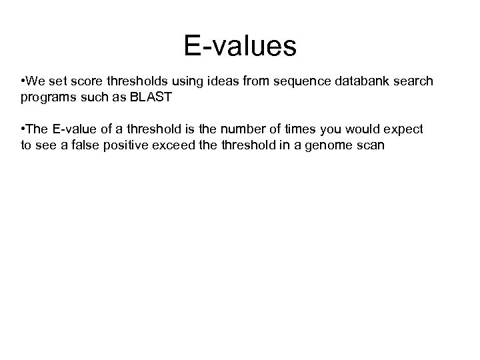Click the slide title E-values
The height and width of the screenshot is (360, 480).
click(x=240, y=46)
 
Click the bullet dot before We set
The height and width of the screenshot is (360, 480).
click(x=23, y=81)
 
